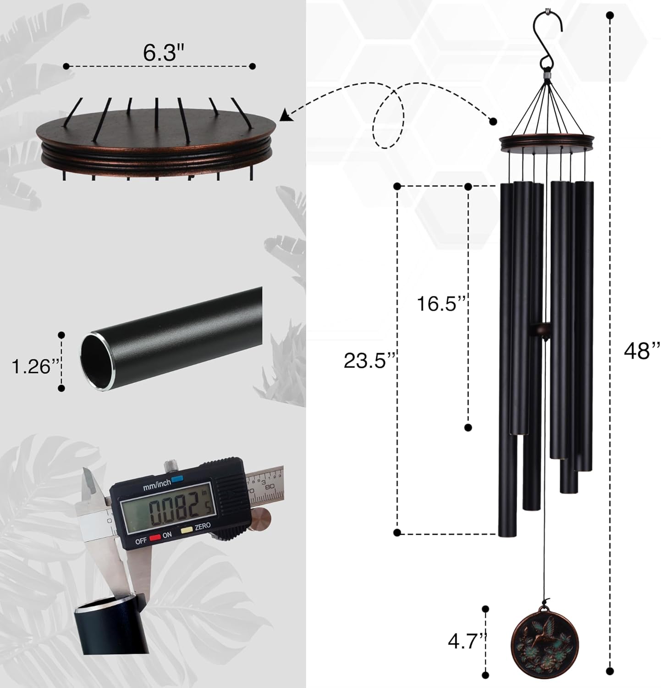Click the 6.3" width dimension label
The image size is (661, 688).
(x=160, y=53)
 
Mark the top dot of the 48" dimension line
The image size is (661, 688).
(x=610, y=16)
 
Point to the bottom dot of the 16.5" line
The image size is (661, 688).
(x=468, y=427)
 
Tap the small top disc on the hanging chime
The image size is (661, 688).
(x=547, y=142)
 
